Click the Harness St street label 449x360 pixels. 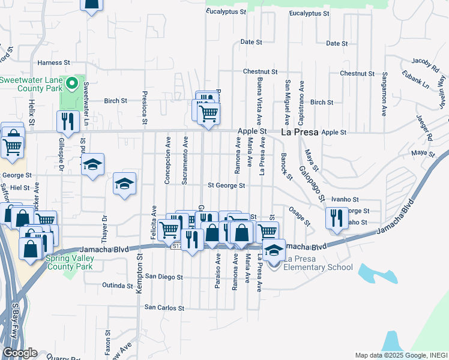click(54, 62)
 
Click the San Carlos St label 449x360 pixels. click(164, 307)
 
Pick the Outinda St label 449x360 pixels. click(117, 285)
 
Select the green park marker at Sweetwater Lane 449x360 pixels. click(74, 83)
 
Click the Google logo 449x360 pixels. click(20, 353)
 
